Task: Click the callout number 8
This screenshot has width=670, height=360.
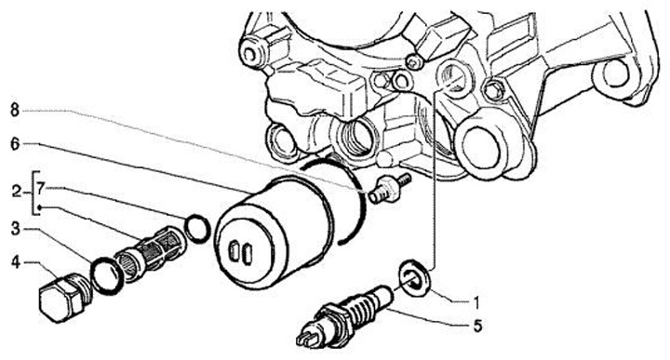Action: pos(15,111)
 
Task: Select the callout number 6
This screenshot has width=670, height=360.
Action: pos(15,144)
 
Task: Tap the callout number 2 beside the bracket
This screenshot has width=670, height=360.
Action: pos(16,192)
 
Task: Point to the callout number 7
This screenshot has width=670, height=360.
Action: pos(40,188)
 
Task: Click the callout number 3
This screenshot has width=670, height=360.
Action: pos(16,229)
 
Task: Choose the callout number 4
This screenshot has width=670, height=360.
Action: pos(16,262)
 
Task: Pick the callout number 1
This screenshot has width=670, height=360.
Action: pos(476,302)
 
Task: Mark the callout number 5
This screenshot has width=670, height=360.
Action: pos(477,326)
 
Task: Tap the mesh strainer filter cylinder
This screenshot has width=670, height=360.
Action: pos(150,252)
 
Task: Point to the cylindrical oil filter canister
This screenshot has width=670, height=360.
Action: pos(274,233)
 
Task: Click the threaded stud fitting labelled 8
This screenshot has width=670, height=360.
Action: pos(388,188)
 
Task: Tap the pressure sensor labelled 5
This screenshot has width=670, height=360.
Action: pos(344,316)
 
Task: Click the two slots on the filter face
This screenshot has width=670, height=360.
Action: pos(241,252)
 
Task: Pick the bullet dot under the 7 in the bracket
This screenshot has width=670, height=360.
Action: pos(39,208)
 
